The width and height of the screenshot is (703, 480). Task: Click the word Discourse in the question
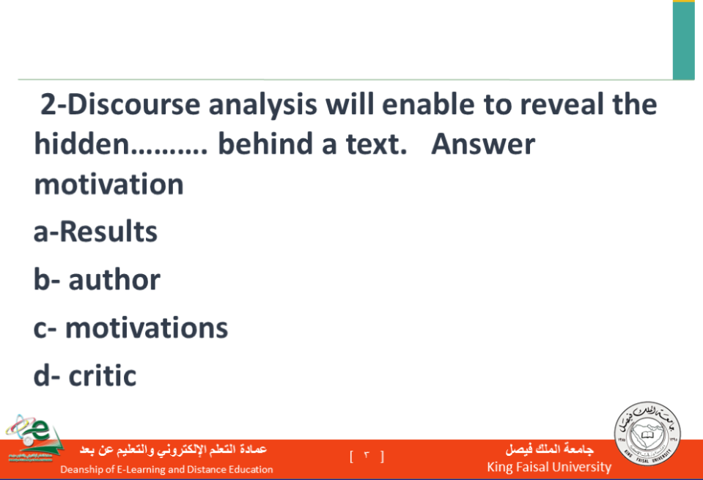(133, 104)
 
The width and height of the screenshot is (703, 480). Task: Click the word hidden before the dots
(81, 144)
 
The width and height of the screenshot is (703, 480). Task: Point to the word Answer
(483, 144)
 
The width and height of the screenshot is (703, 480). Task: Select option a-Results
(95, 232)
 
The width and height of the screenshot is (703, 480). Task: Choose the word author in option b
(114, 280)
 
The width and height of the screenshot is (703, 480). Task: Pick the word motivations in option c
(147, 328)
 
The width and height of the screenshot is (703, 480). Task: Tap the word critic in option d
(102, 375)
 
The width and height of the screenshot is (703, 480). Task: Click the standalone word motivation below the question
(109, 184)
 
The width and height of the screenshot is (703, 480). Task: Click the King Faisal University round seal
(647, 433)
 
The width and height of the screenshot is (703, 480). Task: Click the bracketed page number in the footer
(367, 457)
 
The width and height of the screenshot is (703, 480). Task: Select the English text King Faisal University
(549, 467)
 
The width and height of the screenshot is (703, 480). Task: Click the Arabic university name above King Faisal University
(549, 448)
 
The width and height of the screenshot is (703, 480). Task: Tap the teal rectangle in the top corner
(684, 40)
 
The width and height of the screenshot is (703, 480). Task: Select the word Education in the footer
(251, 469)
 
